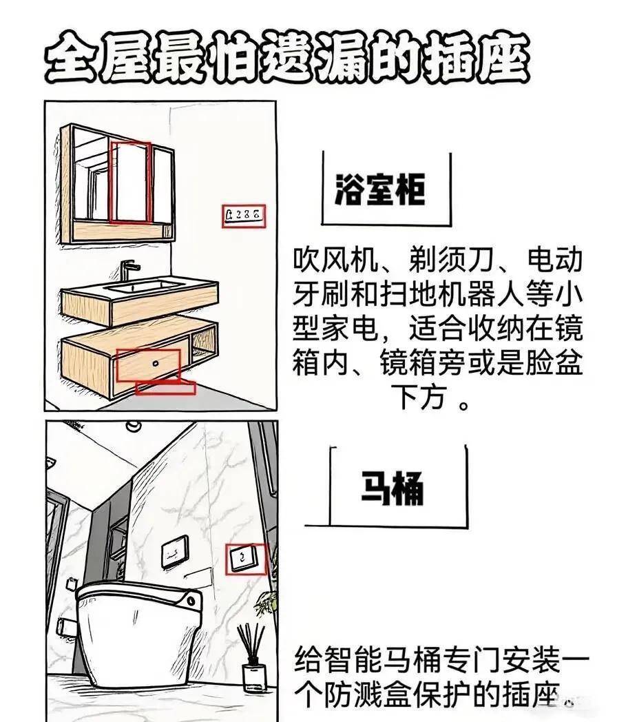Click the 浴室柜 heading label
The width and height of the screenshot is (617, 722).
click(x=380, y=189)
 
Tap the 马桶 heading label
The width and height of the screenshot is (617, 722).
click(x=392, y=488)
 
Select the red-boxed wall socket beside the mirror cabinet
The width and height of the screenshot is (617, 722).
click(x=244, y=216)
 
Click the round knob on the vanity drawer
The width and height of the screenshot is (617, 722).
click(x=156, y=363)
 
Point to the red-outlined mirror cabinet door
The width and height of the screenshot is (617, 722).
click(x=130, y=182)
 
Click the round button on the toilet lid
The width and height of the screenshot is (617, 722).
click(x=191, y=601)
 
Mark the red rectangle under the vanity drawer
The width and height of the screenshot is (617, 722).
click(x=166, y=388)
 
